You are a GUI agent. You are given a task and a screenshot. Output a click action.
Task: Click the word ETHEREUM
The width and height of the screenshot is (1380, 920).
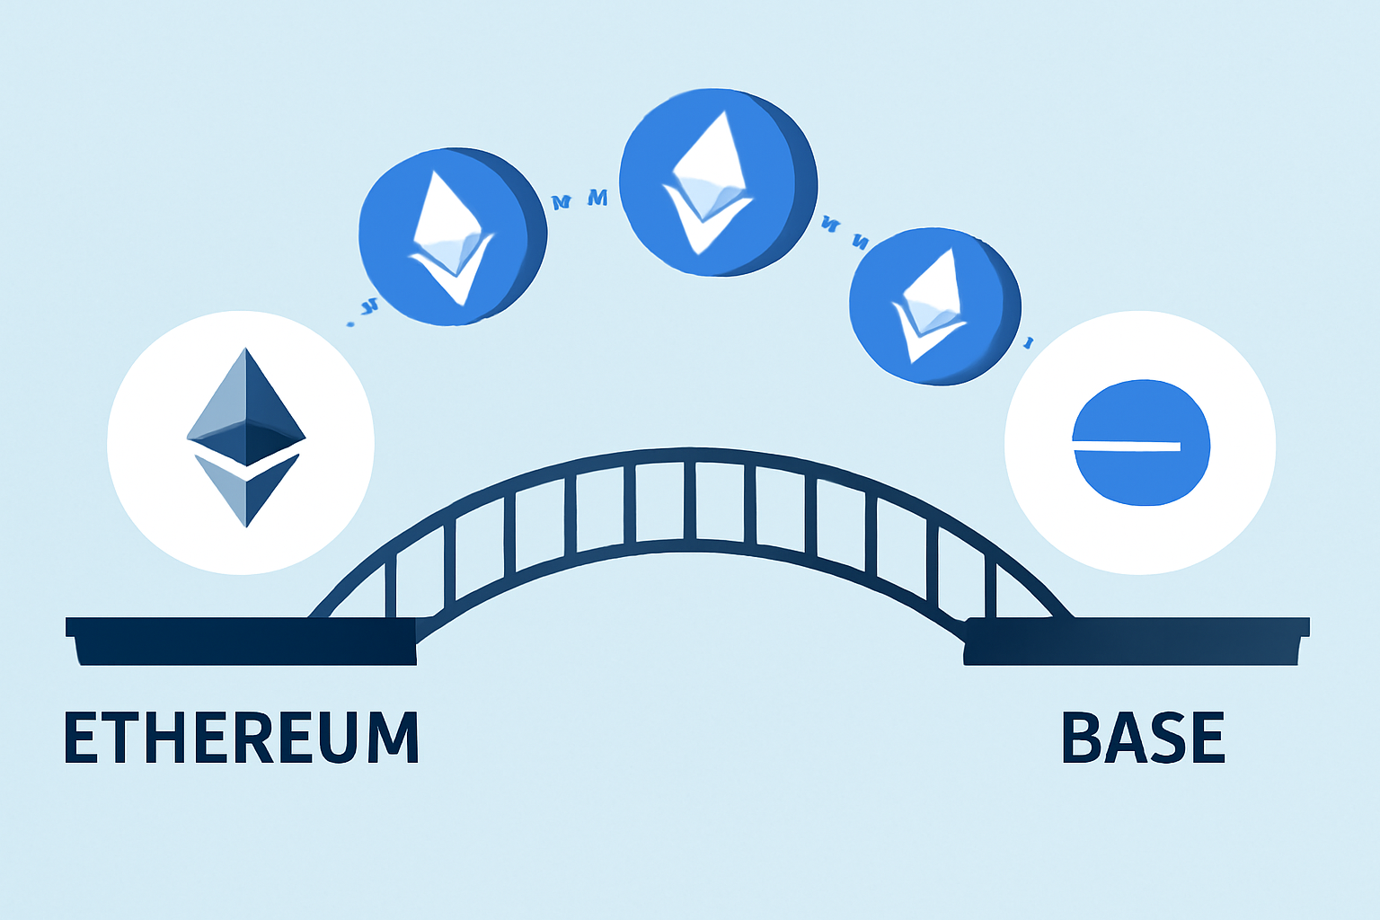[241, 738]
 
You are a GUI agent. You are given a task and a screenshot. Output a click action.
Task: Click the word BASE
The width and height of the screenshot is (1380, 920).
[1143, 738]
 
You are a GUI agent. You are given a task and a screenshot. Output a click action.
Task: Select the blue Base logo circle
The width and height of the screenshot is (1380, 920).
[1141, 443]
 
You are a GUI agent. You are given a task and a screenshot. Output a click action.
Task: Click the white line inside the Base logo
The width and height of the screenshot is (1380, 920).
[1127, 446]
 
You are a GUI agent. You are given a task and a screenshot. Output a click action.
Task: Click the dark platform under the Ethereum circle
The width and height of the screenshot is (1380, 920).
[241, 640]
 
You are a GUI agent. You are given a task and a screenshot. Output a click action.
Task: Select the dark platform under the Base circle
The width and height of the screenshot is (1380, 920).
[1136, 640]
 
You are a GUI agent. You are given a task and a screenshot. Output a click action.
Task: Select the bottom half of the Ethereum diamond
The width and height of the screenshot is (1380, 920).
[246, 490]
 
